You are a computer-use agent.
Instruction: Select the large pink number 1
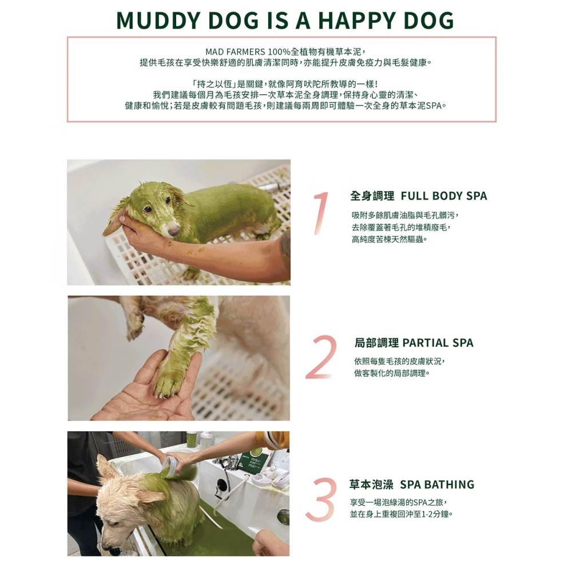(x=321, y=213)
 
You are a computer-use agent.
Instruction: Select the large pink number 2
(x=322, y=357)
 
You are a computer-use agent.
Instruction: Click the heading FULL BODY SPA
(x=444, y=196)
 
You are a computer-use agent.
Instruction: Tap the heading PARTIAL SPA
(x=438, y=343)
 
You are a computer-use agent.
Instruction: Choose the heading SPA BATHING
(x=437, y=485)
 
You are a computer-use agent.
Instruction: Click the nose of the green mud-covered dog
(x=173, y=230)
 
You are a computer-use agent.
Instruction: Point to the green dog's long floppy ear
(x=117, y=220)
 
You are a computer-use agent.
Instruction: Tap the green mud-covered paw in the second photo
(x=168, y=380)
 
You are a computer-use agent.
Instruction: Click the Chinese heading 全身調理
(x=372, y=196)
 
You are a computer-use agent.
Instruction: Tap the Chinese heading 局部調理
(x=376, y=343)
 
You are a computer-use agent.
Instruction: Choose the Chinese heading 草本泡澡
(x=371, y=485)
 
